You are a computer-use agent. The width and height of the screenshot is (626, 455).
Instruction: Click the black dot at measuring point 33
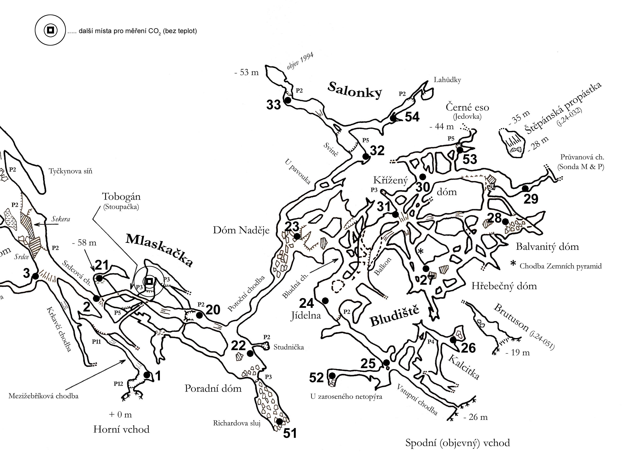[x=288, y=100]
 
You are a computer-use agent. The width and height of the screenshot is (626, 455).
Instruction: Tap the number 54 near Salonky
[x=412, y=117]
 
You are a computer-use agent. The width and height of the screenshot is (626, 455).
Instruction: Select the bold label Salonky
[x=355, y=90]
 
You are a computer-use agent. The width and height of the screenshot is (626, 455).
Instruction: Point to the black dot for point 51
[x=279, y=421]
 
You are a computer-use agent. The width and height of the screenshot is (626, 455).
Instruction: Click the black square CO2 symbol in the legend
[x=50, y=30]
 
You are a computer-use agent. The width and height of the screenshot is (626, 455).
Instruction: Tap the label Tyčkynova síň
[x=71, y=171]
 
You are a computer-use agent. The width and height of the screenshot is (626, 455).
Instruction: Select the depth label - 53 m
[x=246, y=73]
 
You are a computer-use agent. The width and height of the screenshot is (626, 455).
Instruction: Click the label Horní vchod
[x=121, y=429]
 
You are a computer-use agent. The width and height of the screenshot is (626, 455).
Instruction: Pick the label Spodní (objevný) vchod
[x=457, y=443]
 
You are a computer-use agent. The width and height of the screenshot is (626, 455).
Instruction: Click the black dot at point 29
[x=525, y=188]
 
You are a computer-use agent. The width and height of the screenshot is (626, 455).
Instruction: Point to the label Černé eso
[x=467, y=108]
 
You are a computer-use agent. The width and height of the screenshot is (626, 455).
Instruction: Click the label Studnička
[x=288, y=347]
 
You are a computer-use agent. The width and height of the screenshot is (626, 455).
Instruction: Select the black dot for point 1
[x=147, y=375]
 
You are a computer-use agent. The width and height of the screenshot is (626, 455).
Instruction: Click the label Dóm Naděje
[x=241, y=230]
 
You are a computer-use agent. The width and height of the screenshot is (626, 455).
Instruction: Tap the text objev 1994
[x=300, y=61]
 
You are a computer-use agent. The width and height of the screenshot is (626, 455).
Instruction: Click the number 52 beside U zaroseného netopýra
[x=316, y=378]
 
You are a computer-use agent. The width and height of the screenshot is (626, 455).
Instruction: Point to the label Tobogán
[x=121, y=197]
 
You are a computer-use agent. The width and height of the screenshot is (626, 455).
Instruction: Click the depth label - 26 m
[x=475, y=417]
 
